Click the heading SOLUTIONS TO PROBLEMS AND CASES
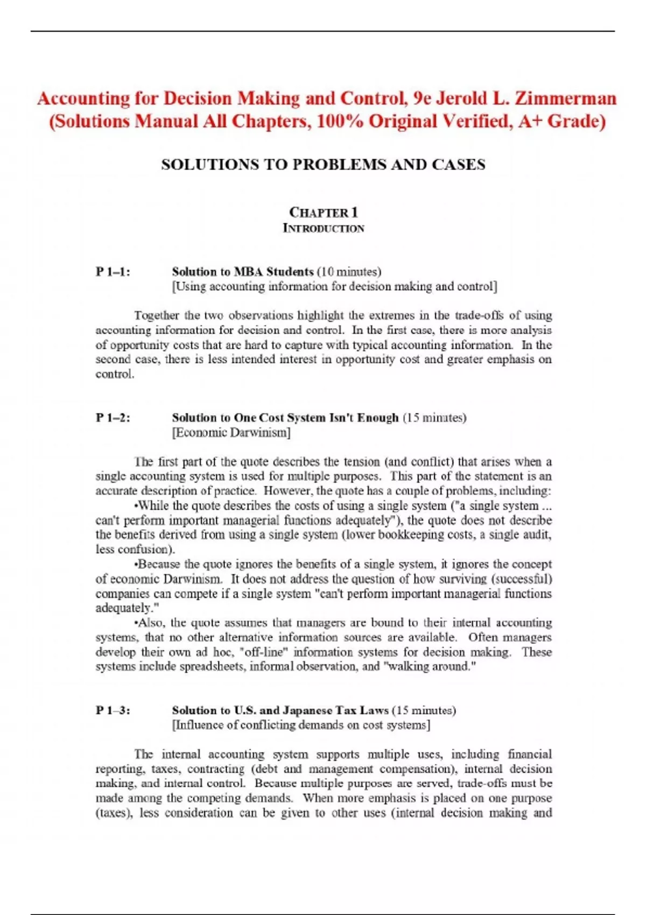tap(323, 165)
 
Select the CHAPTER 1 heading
tap(324, 212)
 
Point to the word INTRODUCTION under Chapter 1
tap(324, 228)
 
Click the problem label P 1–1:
tap(113, 272)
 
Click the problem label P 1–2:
tap(113, 418)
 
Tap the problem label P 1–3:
tap(113, 710)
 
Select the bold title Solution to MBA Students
tap(243, 272)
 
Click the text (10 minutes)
tap(349, 272)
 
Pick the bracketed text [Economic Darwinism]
tap(231, 432)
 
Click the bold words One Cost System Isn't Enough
tap(316, 418)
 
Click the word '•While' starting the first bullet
tap(152, 506)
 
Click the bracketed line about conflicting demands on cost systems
tap(301, 725)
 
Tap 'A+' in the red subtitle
tap(530, 122)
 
